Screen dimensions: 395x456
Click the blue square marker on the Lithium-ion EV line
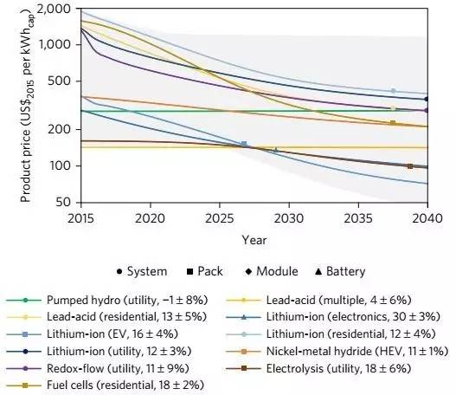[x=243, y=144]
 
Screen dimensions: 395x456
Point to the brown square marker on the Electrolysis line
[x=409, y=165]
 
